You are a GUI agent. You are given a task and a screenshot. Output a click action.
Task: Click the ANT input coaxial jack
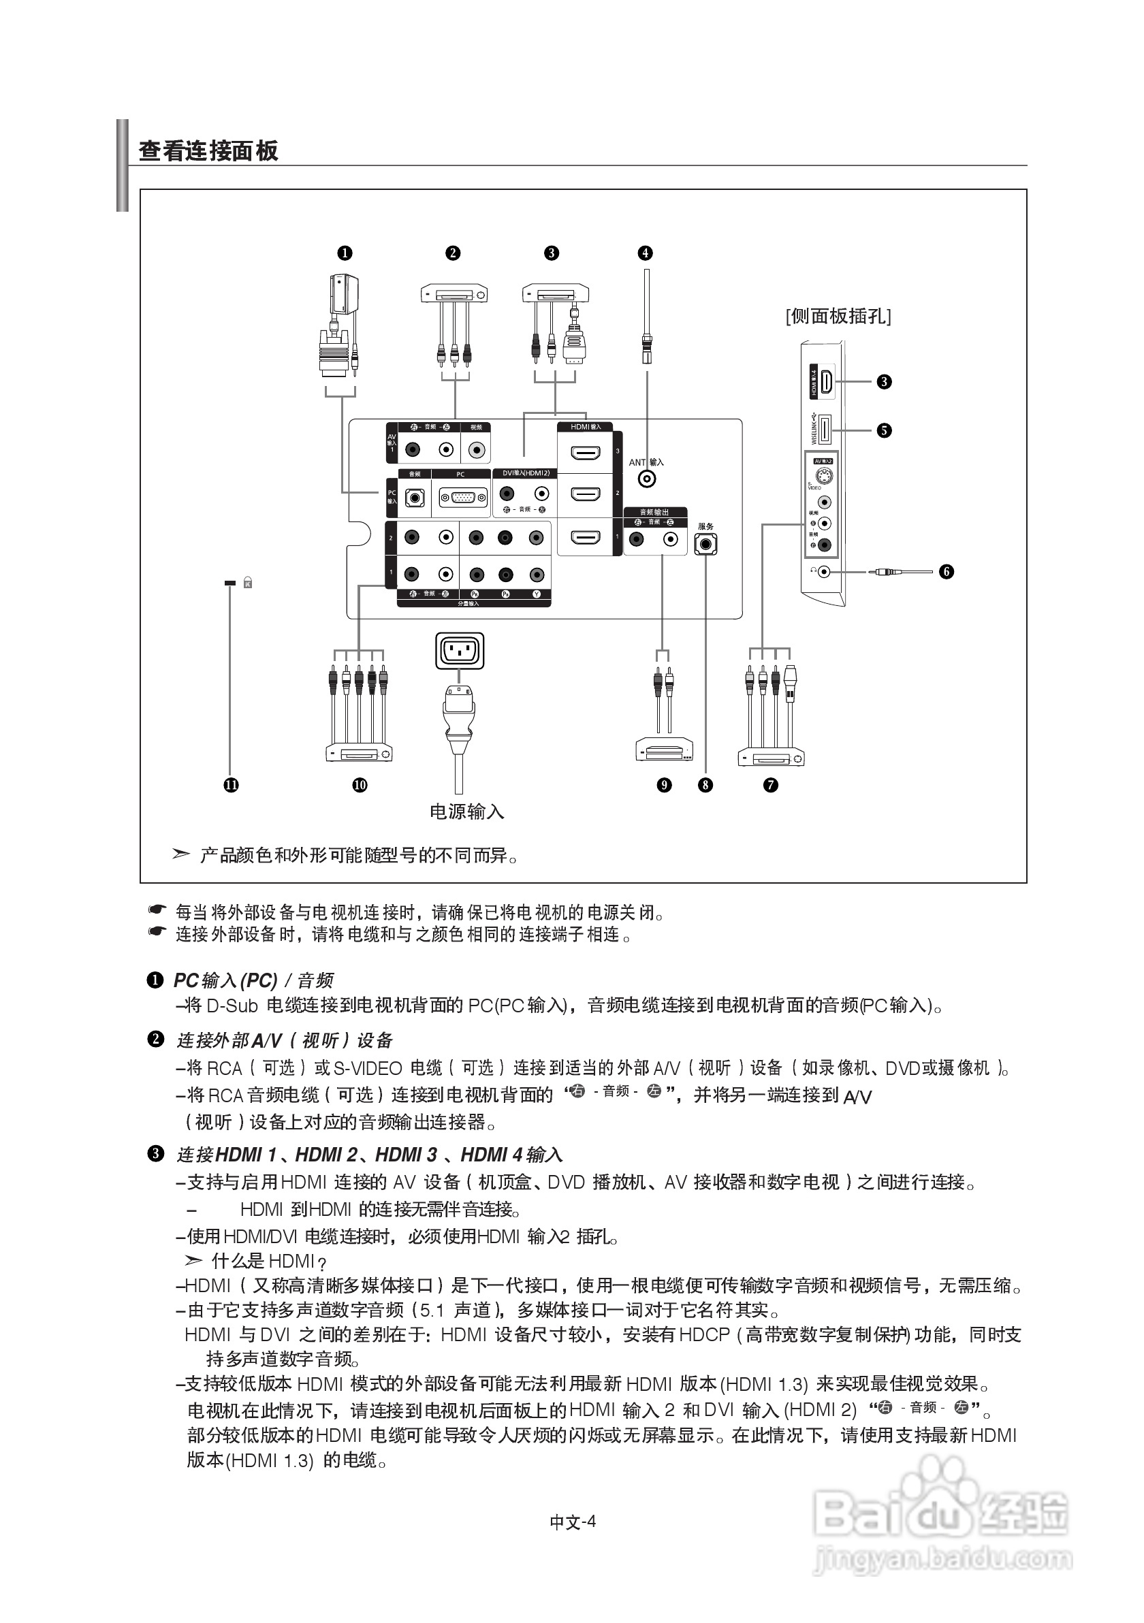click(646, 479)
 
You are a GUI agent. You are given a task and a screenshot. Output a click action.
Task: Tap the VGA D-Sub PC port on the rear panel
click(463, 498)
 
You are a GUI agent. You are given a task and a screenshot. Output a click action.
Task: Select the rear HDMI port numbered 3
click(585, 453)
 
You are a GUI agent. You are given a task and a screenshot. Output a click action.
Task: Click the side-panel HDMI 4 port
click(825, 382)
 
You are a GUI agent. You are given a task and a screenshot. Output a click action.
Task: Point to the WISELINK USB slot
click(824, 430)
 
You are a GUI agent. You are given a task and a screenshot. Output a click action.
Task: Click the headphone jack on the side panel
click(823, 571)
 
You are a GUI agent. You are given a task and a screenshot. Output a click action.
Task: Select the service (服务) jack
click(705, 543)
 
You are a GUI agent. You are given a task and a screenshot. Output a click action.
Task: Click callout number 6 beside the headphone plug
click(946, 571)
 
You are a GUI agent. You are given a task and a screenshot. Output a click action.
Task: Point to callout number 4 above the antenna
click(644, 253)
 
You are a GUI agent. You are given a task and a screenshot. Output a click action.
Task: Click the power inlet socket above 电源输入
click(460, 650)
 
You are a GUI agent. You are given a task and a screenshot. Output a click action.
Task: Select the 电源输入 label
click(466, 811)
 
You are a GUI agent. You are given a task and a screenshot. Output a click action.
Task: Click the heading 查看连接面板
click(208, 150)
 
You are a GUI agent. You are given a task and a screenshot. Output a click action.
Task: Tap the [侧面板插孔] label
click(838, 316)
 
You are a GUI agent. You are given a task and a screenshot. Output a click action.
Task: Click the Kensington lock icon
click(247, 583)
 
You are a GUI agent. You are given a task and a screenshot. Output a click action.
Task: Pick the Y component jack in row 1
click(537, 575)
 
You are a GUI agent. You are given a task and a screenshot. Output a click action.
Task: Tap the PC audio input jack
click(415, 498)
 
